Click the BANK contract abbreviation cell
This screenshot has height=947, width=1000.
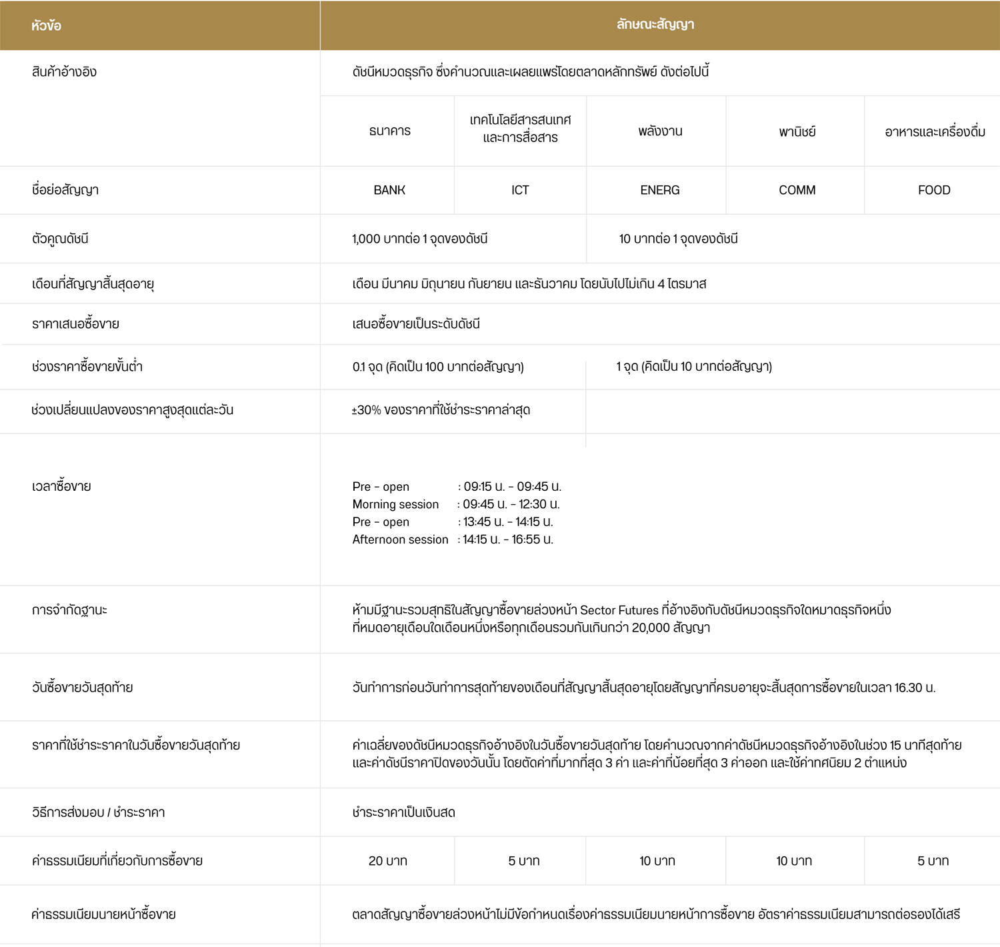point(389,190)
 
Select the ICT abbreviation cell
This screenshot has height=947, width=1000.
point(520,190)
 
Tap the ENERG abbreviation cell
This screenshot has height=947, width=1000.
point(659,190)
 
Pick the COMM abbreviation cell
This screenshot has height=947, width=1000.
point(797,190)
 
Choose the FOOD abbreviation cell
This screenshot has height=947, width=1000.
point(933,190)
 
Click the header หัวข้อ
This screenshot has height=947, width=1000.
point(46,25)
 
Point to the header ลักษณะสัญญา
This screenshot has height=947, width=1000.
point(655,25)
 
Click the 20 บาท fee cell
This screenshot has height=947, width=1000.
point(387,861)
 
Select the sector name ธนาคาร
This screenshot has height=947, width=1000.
point(389,131)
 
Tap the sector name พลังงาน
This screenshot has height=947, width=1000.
point(659,131)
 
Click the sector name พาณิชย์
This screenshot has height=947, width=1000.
point(797,131)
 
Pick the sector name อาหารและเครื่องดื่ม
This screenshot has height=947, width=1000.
point(935,131)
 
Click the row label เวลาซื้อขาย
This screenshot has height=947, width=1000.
point(61,486)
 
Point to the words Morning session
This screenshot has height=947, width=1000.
point(395,504)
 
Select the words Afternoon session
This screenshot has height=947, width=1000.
point(400,540)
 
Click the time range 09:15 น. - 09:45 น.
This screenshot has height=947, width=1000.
point(512,487)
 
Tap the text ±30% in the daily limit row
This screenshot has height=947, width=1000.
point(366,410)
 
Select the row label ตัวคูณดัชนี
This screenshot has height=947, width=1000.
point(60,239)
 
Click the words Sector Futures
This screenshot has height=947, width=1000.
point(619,610)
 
